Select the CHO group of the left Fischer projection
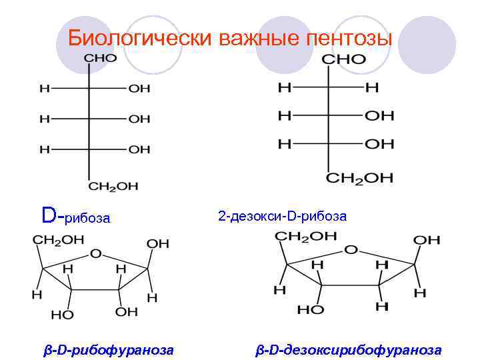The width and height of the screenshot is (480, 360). click(100, 58)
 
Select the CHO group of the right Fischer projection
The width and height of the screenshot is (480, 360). click(343, 59)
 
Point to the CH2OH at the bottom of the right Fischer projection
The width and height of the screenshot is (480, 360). click(359, 178)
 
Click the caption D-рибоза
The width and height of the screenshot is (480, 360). click(75, 217)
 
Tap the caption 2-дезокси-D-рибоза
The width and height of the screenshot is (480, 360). click(282, 216)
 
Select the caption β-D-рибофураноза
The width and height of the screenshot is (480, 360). click(109, 349)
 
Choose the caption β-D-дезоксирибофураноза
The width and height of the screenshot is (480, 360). click(349, 349)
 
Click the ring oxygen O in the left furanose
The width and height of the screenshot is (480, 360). click(96, 254)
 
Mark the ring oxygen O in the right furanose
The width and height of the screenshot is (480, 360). click(351, 250)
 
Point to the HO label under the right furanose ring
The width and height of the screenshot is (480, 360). click(310, 310)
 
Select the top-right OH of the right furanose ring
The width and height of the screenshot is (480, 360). click(426, 240)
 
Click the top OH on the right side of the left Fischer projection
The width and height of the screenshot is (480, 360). click(139, 89)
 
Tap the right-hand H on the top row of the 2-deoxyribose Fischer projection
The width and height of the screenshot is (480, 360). click(372, 87)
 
